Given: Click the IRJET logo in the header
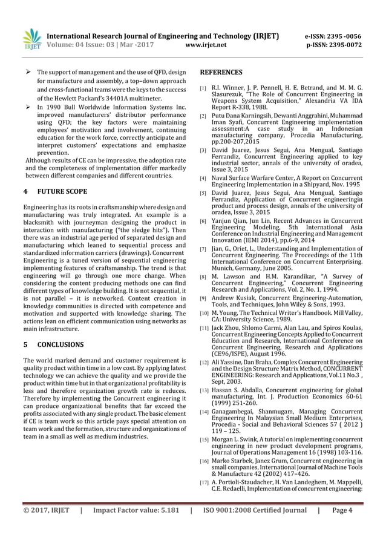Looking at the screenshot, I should point(31,39).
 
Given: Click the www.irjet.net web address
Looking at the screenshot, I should point(206,44).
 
